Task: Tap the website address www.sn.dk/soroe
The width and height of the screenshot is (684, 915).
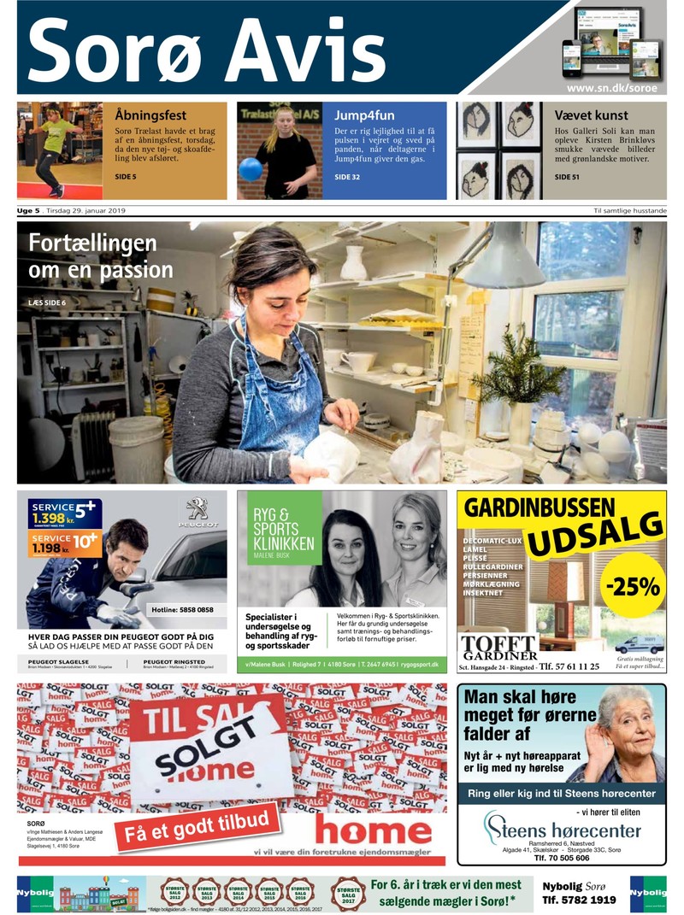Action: [x=615, y=88]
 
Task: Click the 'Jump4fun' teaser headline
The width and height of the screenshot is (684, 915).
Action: [x=363, y=114]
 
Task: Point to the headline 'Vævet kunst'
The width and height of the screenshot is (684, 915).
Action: [x=592, y=114]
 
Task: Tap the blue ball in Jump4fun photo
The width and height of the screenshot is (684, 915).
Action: [x=250, y=168]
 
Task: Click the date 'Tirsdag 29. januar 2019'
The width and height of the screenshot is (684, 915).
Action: [x=88, y=211]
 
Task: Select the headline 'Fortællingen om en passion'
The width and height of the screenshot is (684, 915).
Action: [x=101, y=256]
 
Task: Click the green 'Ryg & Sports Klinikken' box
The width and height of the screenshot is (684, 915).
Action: [x=279, y=527]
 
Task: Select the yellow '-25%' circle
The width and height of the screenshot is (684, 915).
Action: [x=634, y=586]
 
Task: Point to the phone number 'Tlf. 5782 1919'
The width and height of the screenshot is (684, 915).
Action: [x=579, y=900]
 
